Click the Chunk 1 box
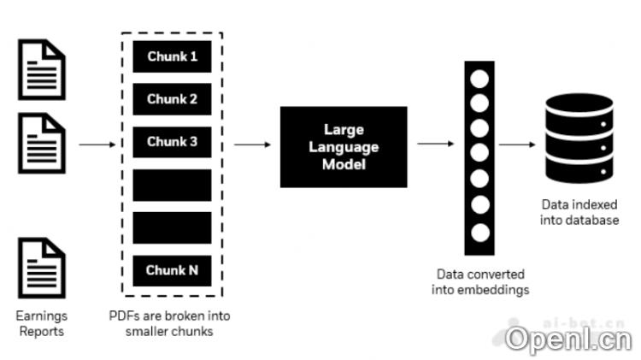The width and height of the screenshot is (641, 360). pyautogui.click(x=172, y=57)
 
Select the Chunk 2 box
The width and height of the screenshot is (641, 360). pyautogui.click(x=172, y=99)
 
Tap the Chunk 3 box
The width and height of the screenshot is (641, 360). pyautogui.click(x=172, y=142)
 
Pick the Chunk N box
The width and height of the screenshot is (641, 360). pyautogui.click(x=172, y=270)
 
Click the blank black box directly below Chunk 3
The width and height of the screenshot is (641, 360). pyautogui.click(x=172, y=185)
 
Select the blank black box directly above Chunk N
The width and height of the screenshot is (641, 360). pyautogui.click(x=172, y=227)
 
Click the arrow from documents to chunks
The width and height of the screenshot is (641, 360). pyautogui.click(x=97, y=145)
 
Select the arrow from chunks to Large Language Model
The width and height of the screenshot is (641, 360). pyautogui.click(x=253, y=145)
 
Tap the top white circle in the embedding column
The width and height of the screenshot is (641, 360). pyautogui.click(x=480, y=79)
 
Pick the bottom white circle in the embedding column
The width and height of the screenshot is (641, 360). pyautogui.click(x=480, y=232)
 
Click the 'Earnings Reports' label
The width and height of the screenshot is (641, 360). pyautogui.click(x=41, y=323)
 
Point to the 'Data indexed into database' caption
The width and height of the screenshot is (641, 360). pyautogui.click(x=579, y=213)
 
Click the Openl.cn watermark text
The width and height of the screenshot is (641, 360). pyautogui.click(x=567, y=339)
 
